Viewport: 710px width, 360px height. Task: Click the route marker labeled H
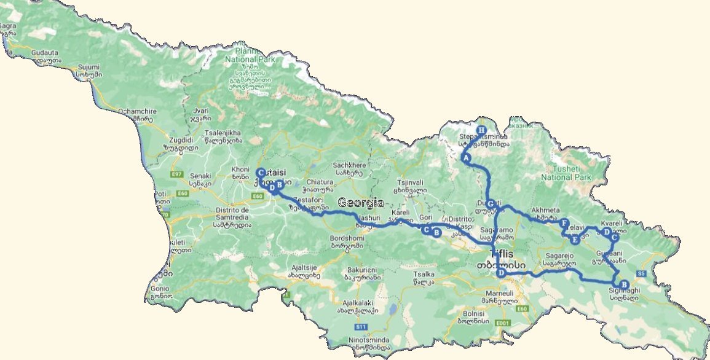[x=481, y=130]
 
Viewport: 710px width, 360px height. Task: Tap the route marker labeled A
[x=466, y=158]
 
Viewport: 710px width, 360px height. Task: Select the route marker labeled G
[x=491, y=203]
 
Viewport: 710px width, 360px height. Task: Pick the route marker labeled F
[x=564, y=223]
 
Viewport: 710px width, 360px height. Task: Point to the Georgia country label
[x=361, y=202]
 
